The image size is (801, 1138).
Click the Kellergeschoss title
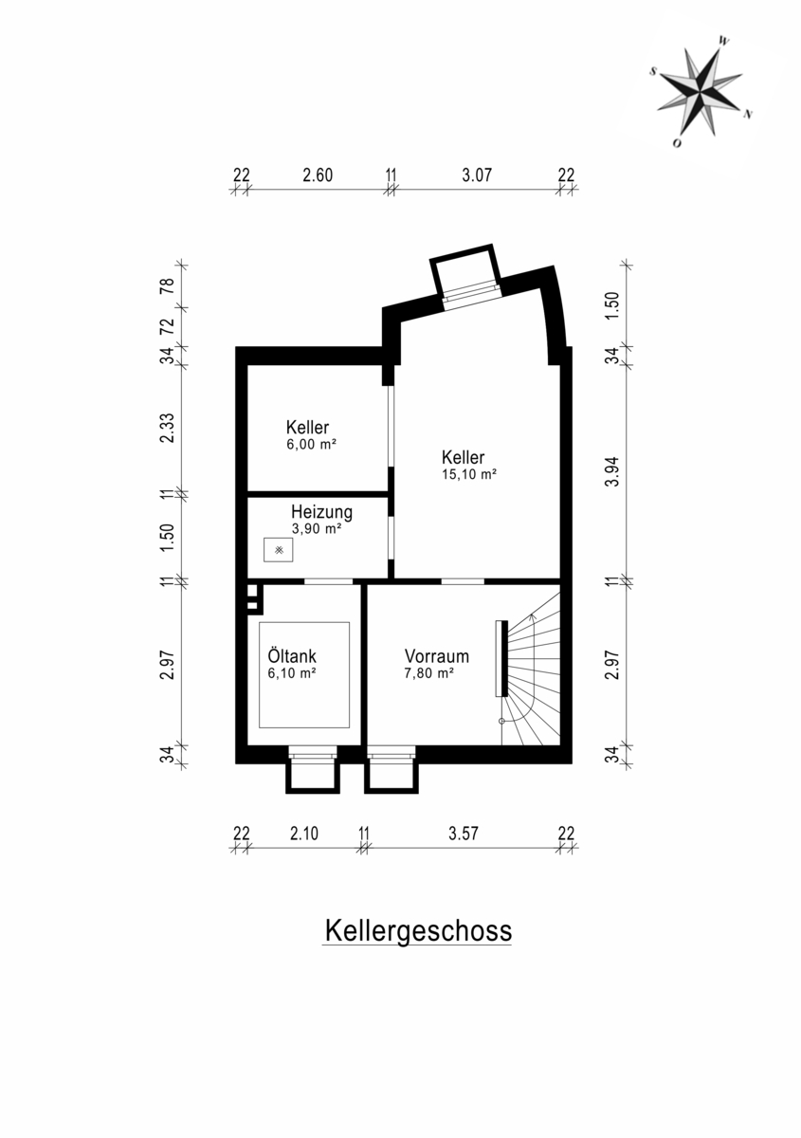click(x=418, y=930)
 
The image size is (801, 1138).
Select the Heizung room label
click(x=321, y=511)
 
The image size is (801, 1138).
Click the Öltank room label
click(x=292, y=655)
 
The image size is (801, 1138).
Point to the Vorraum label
click(x=436, y=656)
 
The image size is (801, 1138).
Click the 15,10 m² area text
click(x=469, y=474)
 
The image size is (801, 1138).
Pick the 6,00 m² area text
click(x=312, y=445)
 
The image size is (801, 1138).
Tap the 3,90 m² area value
click(x=317, y=529)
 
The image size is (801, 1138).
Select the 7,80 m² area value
click(x=429, y=673)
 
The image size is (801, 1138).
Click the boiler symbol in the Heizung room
click(x=279, y=550)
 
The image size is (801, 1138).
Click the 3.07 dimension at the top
click(x=477, y=175)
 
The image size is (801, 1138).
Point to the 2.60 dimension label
click(x=318, y=175)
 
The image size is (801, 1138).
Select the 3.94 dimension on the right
click(x=613, y=472)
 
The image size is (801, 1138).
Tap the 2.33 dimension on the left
click(x=167, y=429)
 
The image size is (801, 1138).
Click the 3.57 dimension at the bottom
click(x=464, y=834)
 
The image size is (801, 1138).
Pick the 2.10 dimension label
click(x=304, y=834)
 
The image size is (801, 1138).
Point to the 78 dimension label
click(x=167, y=286)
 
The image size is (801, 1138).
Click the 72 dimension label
click(x=167, y=326)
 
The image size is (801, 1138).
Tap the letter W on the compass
click(x=724, y=41)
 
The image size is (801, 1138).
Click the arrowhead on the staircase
click(x=533, y=617)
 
